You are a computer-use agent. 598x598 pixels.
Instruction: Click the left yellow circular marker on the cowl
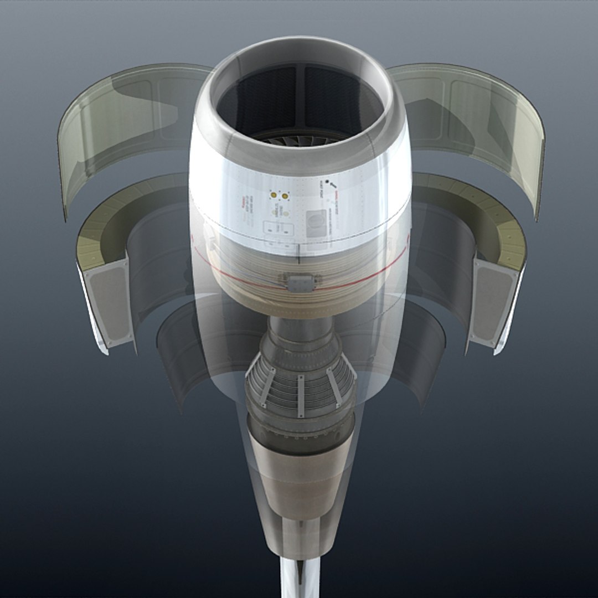[273, 195]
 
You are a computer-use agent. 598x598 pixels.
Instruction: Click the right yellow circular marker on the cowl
[285, 195]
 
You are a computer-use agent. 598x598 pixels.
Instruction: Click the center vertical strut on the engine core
[300, 395]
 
